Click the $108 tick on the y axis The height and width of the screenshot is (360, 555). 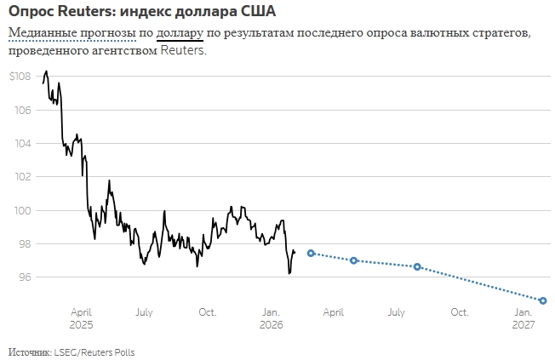pyautogui.click(x=20, y=77)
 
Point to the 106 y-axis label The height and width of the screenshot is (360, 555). pyautogui.click(x=23, y=110)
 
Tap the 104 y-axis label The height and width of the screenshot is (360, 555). pyautogui.click(x=23, y=143)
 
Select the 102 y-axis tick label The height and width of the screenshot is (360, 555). pyautogui.click(x=23, y=177)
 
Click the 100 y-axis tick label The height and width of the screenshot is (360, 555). pyautogui.click(x=23, y=210)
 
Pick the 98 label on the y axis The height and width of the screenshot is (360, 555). pyautogui.click(x=25, y=243)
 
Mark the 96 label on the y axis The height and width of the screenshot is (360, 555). pyautogui.click(x=25, y=277)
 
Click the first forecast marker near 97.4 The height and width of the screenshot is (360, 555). pyautogui.click(x=311, y=253)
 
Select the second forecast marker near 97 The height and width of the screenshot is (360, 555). pyautogui.click(x=353, y=260)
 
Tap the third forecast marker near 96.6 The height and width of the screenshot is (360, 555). pyautogui.click(x=417, y=266)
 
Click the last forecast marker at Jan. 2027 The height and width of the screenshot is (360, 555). pyautogui.click(x=543, y=300)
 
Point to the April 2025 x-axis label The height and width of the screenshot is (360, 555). pyautogui.click(x=82, y=318)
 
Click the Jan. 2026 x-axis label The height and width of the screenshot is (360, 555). pyautogui.click(x=271, y=318)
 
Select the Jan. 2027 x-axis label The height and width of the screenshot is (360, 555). pyautogui.click(x=524, y=318)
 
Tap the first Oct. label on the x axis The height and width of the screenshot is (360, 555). pyautogui.click(x=208, y=312)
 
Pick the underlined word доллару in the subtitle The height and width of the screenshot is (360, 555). pyautogui.click(x=180, y=33)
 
